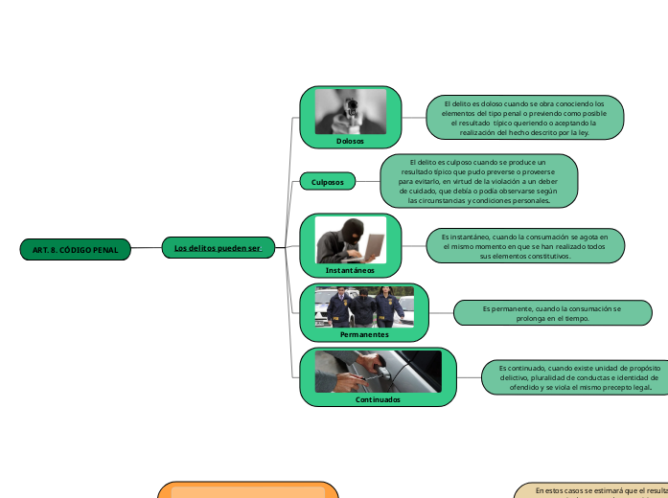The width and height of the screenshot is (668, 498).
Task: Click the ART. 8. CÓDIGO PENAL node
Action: click(x=75, y=249)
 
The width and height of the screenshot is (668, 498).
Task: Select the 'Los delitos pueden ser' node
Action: click(x=218, y=248)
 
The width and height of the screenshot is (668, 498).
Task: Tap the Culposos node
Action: click(x=328, y=181)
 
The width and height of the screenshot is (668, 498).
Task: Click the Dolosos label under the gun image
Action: click(x=350, y=141)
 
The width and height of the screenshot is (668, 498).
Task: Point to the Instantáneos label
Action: click(x=350, y=270)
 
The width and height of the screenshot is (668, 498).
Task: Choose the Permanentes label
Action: click(x=364, y=334)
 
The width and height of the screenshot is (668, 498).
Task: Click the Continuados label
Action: click(x=378, y=399)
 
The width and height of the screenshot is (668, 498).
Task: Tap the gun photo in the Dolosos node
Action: click(x=351, y=111)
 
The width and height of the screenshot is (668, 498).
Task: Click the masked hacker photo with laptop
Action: click(x=351, y=239)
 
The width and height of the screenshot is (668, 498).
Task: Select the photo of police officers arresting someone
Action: click(x=364, y=307)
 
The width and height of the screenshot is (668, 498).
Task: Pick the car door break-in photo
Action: click(x=379, y=372)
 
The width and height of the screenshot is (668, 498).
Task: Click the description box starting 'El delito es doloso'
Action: click(x=524, y=118)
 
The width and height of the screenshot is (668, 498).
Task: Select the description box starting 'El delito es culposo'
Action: click(x=479, y=181)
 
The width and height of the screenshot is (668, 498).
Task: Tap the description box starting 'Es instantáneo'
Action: click(x=523, y=245)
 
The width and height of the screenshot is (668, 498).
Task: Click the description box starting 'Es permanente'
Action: click(x=552, y=313)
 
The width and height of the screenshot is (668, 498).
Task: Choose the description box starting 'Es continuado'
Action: click(x=573, y=377)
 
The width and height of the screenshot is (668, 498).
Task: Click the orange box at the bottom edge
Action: click(x=248, y=490)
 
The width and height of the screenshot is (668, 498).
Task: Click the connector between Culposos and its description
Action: click(x=368, y=181)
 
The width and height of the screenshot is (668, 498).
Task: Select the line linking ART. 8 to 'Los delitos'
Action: click(x=146, y=248)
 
